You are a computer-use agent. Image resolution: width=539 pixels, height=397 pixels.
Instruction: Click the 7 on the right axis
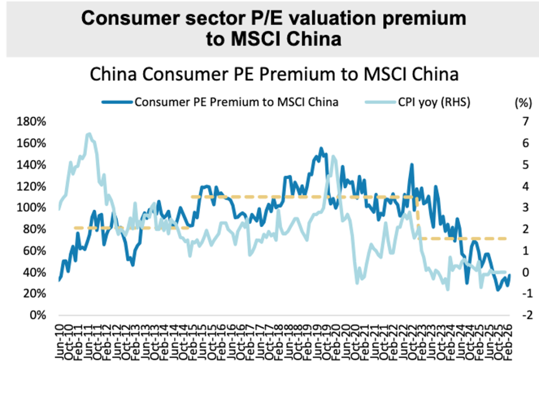524,122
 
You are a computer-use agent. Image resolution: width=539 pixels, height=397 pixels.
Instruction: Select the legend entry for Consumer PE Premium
220,102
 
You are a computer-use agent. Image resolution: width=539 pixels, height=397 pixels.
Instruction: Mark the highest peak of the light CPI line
89,134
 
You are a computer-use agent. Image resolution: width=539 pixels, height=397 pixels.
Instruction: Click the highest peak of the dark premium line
321,148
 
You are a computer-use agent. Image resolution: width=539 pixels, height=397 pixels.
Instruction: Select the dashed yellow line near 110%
299,197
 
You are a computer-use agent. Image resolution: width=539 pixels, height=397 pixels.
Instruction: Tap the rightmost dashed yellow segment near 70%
464,239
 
